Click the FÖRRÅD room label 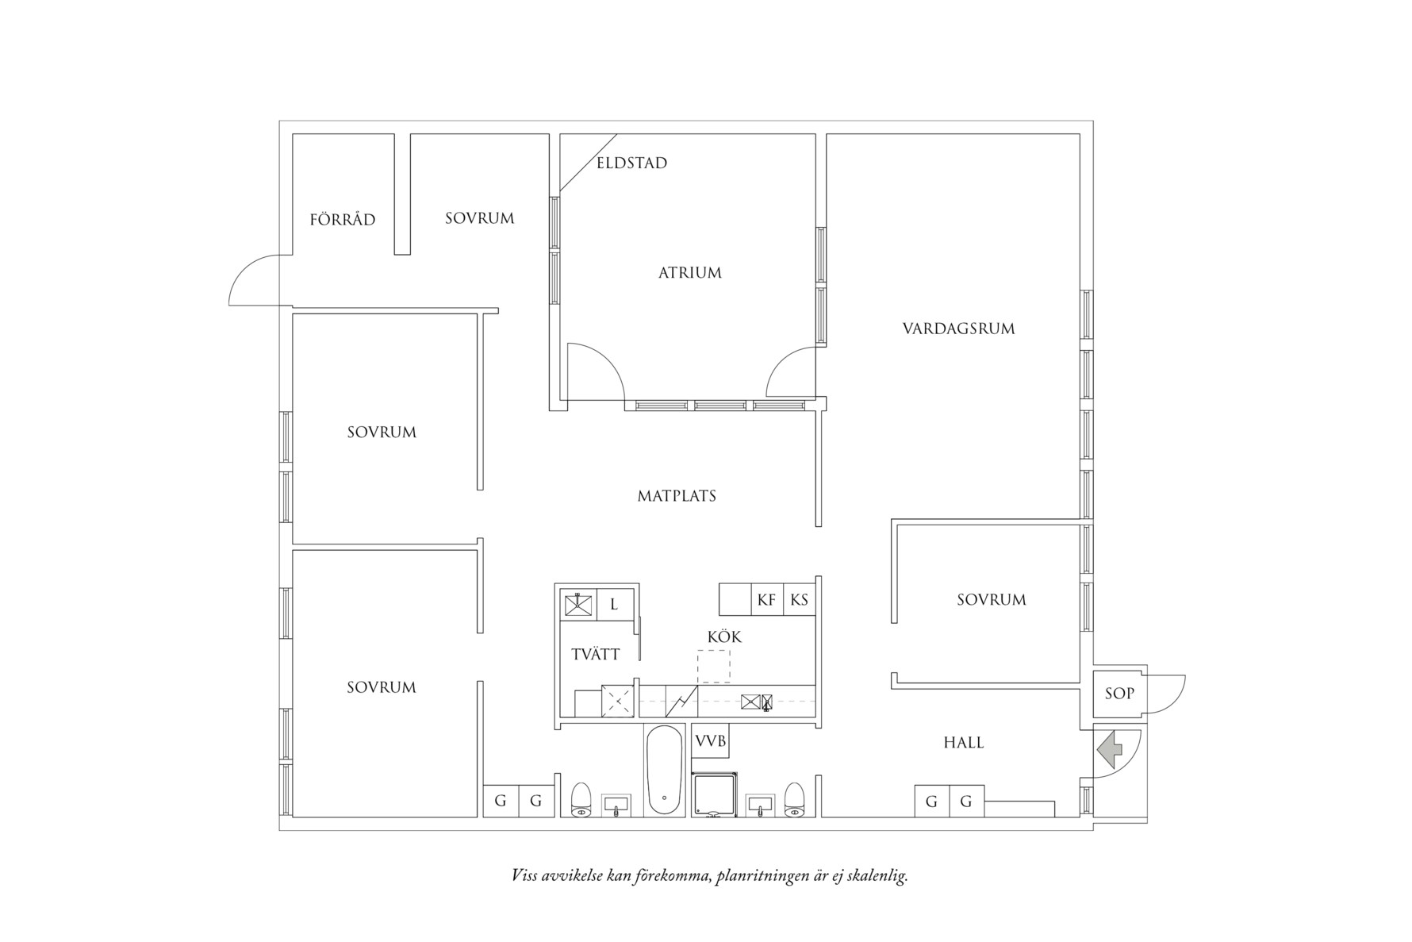(x=342, y=220)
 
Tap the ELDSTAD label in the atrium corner (x=631, y=163)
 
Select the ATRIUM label (x=690, y=273)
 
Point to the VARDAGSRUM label (x=958, y=329)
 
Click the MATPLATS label (x=677, y=496)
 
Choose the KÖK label (x=724, y=637)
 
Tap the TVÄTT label (x=595, y=655)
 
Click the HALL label (x=963, y=743)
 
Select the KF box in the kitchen (x=766, y=600)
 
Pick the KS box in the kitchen (x=799, y=600)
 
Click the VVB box (x=710, y=741)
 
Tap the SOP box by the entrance (x=1119, y=694)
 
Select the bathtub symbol (x=665, y=770)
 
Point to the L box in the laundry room (x=614, y=605)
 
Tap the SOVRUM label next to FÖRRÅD (x=479, y=218)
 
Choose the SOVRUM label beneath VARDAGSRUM (x=991, y=600)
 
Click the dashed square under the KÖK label (x=713, y=667)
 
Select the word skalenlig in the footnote (x=877, y=877)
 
